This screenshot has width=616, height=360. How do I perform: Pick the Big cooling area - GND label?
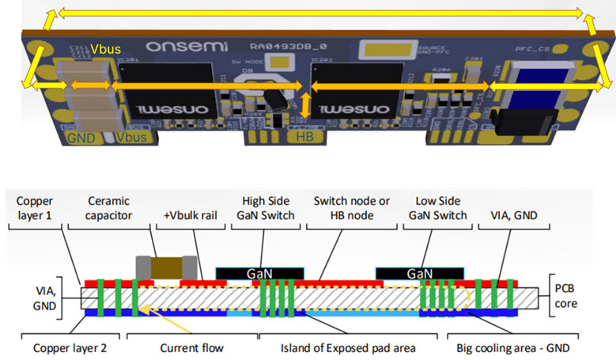(512, 347)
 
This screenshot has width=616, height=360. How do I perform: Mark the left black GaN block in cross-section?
(259, 271)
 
